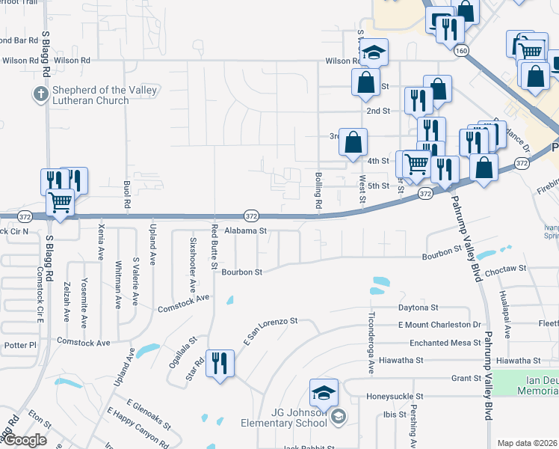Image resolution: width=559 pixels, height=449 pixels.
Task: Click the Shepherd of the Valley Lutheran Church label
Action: point(105,95)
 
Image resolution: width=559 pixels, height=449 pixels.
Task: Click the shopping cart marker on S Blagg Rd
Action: point(61,201)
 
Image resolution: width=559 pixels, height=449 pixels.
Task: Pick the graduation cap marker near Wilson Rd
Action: point(374,53)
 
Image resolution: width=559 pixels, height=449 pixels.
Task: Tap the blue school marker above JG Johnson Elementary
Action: point(324,393)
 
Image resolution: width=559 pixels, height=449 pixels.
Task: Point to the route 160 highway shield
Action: point(460,50)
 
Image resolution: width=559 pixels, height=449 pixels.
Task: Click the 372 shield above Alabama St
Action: point(252,216)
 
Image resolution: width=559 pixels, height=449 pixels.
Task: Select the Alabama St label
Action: point(246,231)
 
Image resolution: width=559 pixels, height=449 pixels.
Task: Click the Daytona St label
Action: point(418,308)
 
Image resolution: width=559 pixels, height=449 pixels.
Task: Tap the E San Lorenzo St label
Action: point(270,329)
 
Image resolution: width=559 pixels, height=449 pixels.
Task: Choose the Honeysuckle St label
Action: point(395,396)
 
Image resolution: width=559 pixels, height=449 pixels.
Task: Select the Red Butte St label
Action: point(214,247)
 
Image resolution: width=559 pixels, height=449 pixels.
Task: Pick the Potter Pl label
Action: point(20,346)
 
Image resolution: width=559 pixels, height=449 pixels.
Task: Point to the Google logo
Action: point(25,440)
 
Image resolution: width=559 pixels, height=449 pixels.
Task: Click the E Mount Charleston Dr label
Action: point(439,325)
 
